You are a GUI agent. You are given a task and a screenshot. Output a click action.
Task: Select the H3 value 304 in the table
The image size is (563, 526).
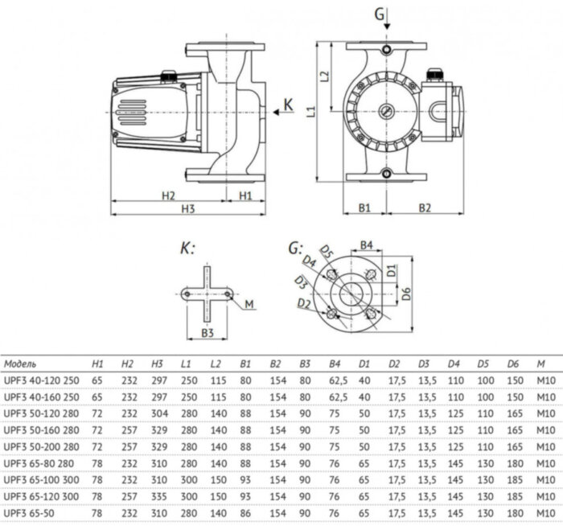159,415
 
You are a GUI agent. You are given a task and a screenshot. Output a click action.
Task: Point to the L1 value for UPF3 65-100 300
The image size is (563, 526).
188,479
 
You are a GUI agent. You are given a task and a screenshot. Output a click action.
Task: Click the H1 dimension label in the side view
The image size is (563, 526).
246,195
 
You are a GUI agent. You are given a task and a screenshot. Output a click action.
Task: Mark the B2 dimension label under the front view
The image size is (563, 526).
424,208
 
